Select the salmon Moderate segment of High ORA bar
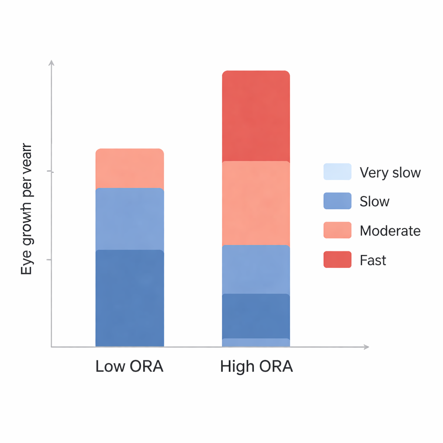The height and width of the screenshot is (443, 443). click(256, 203)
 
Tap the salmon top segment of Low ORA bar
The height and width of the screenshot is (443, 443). click(129, 168)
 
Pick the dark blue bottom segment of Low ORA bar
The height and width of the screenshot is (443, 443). click(129, 298)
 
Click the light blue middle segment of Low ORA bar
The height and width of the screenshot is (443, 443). click(129, 219)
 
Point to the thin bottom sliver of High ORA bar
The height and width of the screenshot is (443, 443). click(256, 343)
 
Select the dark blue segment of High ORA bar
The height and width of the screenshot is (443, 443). click(256, 316)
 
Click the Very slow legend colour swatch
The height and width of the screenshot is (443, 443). click(337, 172)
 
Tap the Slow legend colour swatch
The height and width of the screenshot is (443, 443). click(337, 201)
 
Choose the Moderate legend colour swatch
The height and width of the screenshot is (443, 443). click(337, 230)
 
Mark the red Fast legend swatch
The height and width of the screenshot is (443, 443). click(337, 260)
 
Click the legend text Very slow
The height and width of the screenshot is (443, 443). click(390, 173)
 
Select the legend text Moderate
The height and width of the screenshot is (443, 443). click(390, 231)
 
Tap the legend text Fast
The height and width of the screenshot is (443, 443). click(372, 260)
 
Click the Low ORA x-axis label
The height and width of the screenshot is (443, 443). click(129, 366)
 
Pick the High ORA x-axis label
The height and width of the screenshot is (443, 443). click(256, 366)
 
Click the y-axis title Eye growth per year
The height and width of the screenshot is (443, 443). click(27, 209)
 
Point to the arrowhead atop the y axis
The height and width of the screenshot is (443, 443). click(51, 63)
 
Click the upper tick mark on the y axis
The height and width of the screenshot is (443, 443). click(51, 172)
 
